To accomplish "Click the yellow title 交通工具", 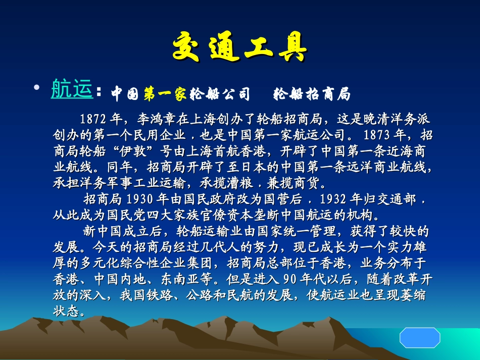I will point(239,48).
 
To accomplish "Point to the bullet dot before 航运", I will point(36,88).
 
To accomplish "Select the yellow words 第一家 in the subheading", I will point(165,93).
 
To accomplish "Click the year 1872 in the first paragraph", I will point(92,119).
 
